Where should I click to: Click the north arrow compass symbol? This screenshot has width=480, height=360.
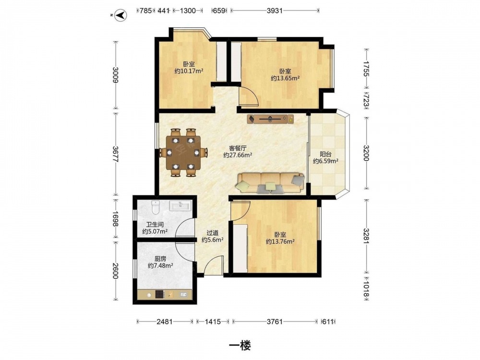(x=120, y=15)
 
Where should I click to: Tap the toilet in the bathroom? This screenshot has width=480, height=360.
(x=156, y=207)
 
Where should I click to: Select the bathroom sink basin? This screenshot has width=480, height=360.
(x=180, y=205)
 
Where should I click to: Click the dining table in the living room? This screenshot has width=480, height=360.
(x=183, y=153)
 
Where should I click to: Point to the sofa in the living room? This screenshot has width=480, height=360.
(x=270, y=183)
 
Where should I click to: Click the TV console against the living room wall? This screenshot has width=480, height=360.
(x=271, y=119)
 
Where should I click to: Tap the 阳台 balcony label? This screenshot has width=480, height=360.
(x=325, y=154)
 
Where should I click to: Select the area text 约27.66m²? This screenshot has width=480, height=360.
(x=238, y=155)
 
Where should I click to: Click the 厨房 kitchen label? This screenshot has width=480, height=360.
(x=160, y=259)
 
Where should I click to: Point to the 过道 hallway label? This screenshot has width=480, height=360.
(x=212, y=233)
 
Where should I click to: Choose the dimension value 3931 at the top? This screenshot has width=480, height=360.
(x=274, y=11)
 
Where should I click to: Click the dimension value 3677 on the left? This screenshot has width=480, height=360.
(x=115, y=154)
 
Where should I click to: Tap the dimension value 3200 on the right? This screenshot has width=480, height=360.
(x=366, y=153)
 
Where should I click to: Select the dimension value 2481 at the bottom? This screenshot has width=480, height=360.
(x=164, y=322)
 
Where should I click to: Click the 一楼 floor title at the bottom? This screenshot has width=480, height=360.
(x=240, y=346)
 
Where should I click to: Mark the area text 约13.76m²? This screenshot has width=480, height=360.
(x=280, y=241)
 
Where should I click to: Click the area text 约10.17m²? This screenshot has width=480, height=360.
(x=189, y=71)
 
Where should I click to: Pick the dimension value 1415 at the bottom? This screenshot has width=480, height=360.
(x=213, y=322)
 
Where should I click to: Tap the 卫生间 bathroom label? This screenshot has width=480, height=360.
(x=155, y=225)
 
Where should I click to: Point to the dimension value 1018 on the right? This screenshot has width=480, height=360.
(x=366, y=288)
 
